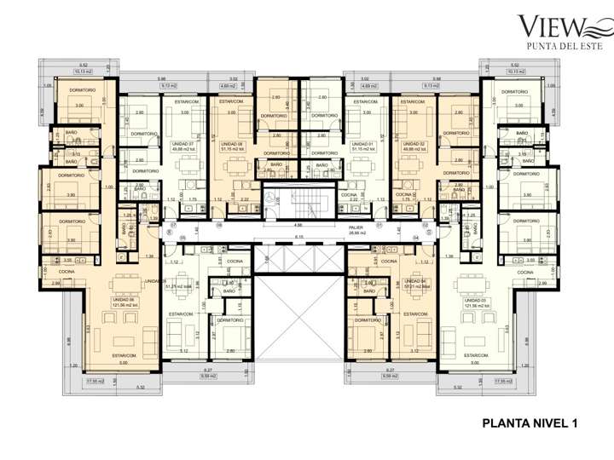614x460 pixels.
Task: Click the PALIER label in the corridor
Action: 356,229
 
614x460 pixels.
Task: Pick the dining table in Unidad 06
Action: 125,282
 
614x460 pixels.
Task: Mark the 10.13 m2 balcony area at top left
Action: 83,72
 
